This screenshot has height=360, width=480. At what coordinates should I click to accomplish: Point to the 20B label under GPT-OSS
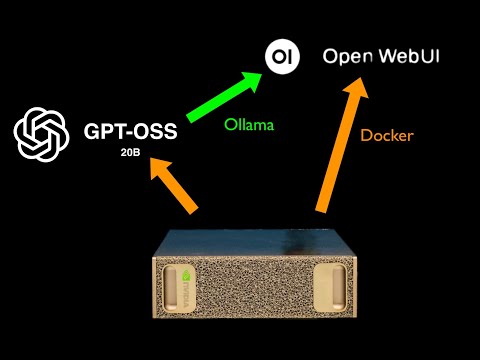click(131, 155)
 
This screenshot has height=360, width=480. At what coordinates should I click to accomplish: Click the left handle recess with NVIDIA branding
click(187, 290)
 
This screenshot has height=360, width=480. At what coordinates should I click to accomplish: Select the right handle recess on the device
click(330, 290)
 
